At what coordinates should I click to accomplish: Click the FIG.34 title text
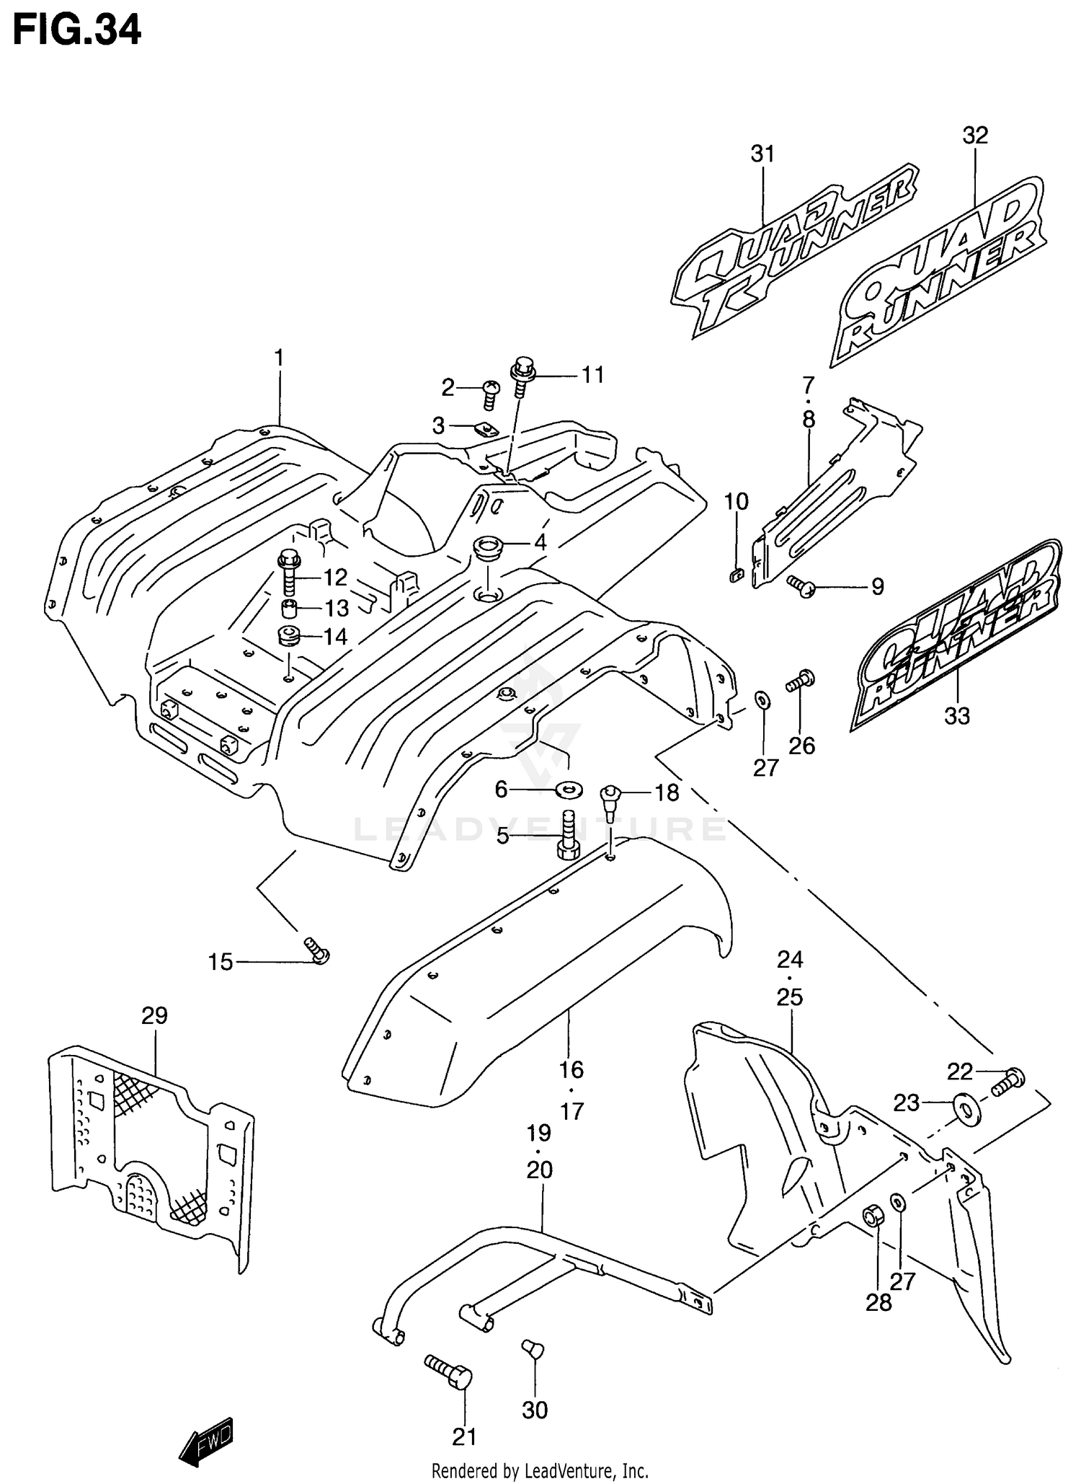[77, 31]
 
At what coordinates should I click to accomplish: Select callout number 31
[762, 154]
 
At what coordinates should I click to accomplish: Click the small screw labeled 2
[491, 394]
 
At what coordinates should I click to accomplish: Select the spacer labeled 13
[290, 608]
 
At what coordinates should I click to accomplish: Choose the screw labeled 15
[317, 950]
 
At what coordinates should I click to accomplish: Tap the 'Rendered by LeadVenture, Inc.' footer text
[540, 1470]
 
